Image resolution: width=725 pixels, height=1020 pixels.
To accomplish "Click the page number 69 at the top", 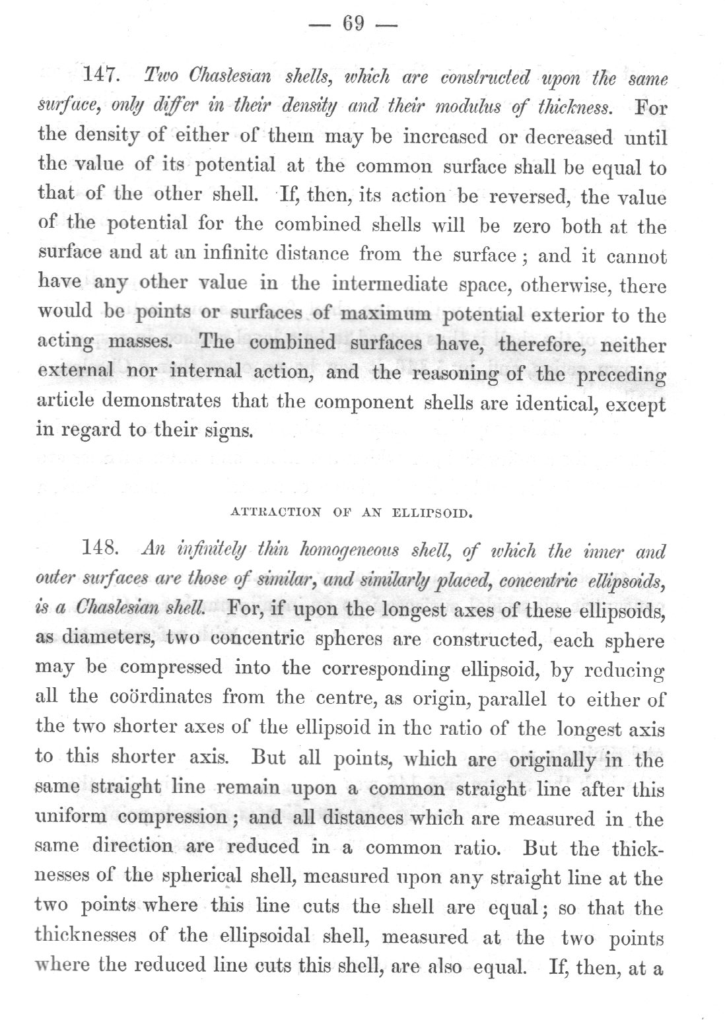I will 353,24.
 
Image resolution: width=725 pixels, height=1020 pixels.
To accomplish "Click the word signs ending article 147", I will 228,432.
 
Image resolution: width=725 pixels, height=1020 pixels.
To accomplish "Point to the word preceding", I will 621,374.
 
